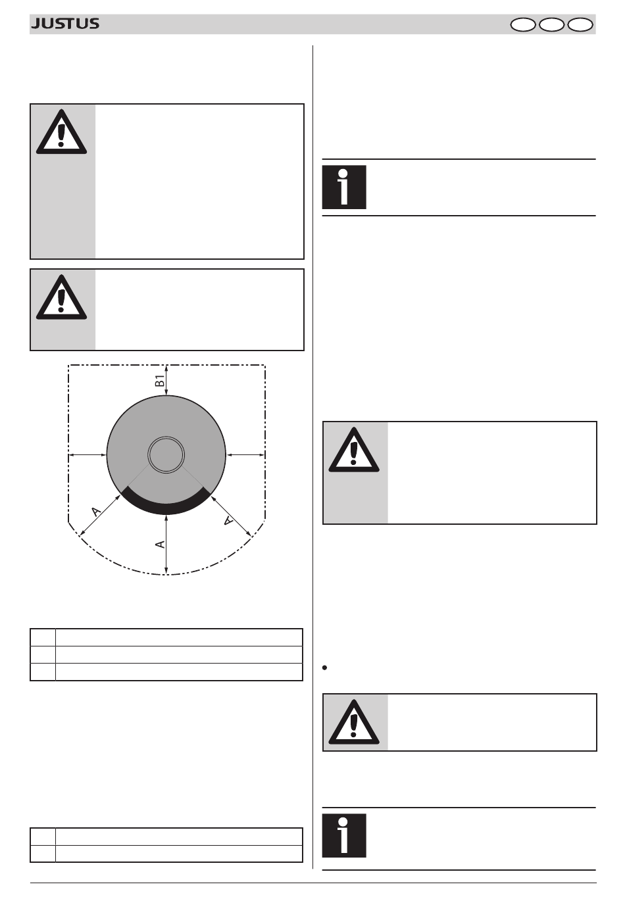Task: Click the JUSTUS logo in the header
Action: pos(65,24)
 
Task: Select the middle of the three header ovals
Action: pos(551,25)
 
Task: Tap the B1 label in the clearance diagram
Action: pos(160,381)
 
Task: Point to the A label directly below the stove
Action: pos(160,545)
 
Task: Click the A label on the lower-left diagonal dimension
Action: pos(96,512)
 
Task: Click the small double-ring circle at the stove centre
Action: pos(166,454)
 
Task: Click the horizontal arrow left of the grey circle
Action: pos(87,454)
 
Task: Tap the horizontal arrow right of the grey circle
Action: pos(245,454)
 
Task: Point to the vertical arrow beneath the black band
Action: pos(166,545)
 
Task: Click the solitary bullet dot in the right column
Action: pos(325,668)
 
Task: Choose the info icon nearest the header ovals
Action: pos(344,187)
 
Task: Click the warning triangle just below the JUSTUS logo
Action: pos(61,132)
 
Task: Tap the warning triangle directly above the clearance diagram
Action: pos(61,297)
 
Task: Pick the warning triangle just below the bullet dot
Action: pos(354,721)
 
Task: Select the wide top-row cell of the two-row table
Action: pos(179,837)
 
